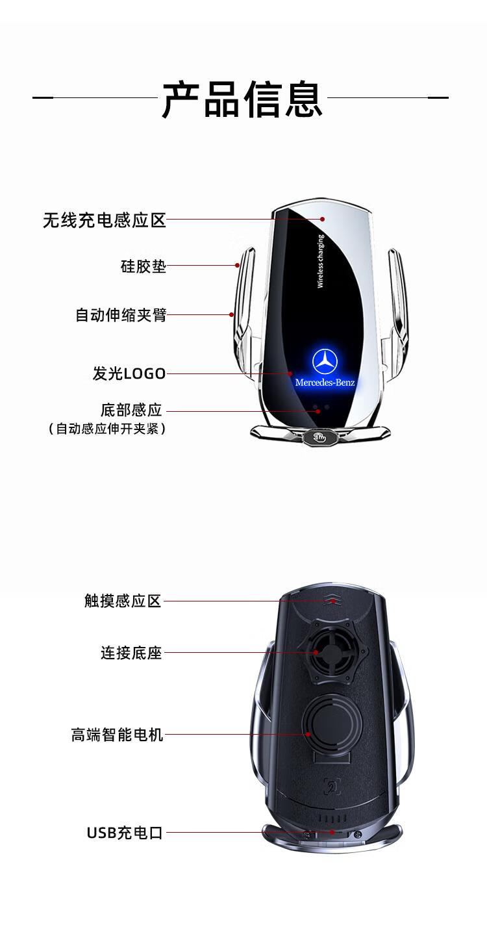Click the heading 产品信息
coord(242,99)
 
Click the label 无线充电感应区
coord(105,220)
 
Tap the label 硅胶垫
coord(144,266)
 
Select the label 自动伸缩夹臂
coord(121,315)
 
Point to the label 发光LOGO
coord(129,373)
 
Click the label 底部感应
coord(131,411)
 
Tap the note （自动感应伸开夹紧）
coord(107,429)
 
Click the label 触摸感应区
coord(122,601)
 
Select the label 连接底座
coord(131,653)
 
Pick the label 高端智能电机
coord(117,735)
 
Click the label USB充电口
coord(125,833)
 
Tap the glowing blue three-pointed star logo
coord(325,362)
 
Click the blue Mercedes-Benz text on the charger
coord(325,383)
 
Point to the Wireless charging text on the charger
coord(321,261)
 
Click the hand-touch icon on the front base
coord(319,437)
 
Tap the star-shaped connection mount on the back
coord(325,652)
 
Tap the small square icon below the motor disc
coord(332,787)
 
